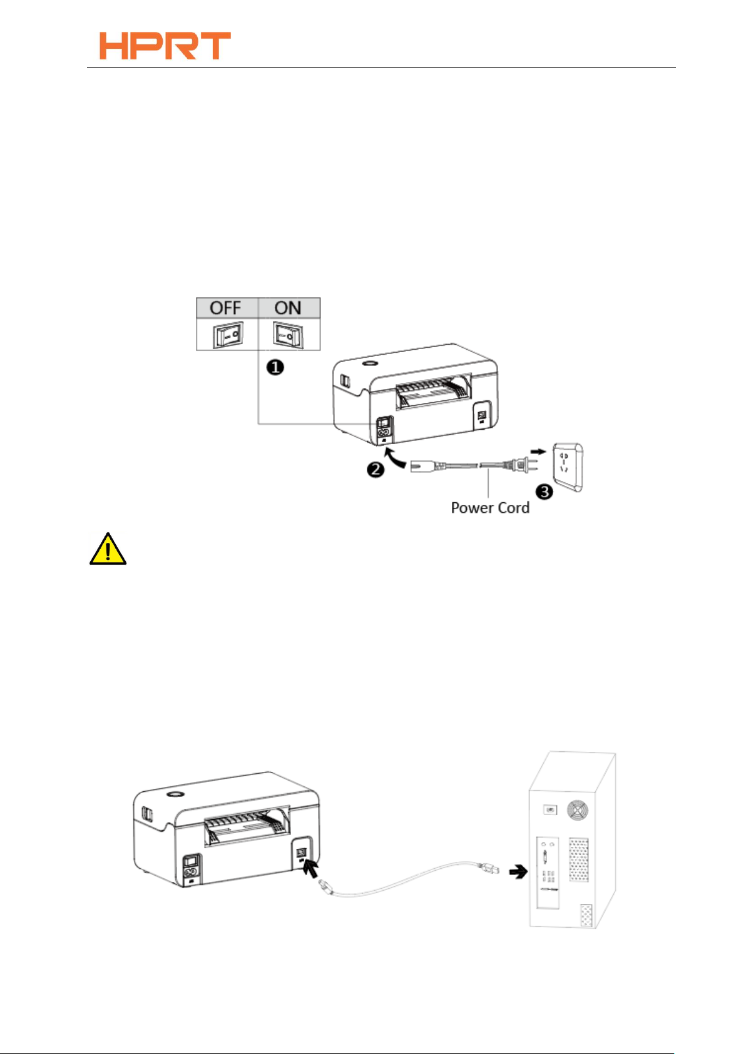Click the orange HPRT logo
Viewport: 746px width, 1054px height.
pos(165,46)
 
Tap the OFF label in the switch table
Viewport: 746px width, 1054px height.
pos(225,308)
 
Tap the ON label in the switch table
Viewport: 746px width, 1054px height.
pos(288,308)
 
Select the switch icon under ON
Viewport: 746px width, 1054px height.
pos(287,335)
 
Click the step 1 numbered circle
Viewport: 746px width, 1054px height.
pos(275,367)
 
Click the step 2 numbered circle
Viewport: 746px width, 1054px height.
pos(375,469)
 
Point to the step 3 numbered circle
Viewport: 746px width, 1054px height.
pos(544,492)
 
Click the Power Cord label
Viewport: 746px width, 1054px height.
pos(490,508)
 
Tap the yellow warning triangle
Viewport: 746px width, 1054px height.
pos(108,550)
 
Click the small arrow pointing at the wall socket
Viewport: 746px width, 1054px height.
pos(538,450)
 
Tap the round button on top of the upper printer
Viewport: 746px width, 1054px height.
pos(369,363)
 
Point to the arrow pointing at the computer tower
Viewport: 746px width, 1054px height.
pos(518,871)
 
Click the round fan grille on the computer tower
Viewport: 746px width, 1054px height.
pos(577,811)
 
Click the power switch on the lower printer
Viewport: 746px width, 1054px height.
pos(190,861)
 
